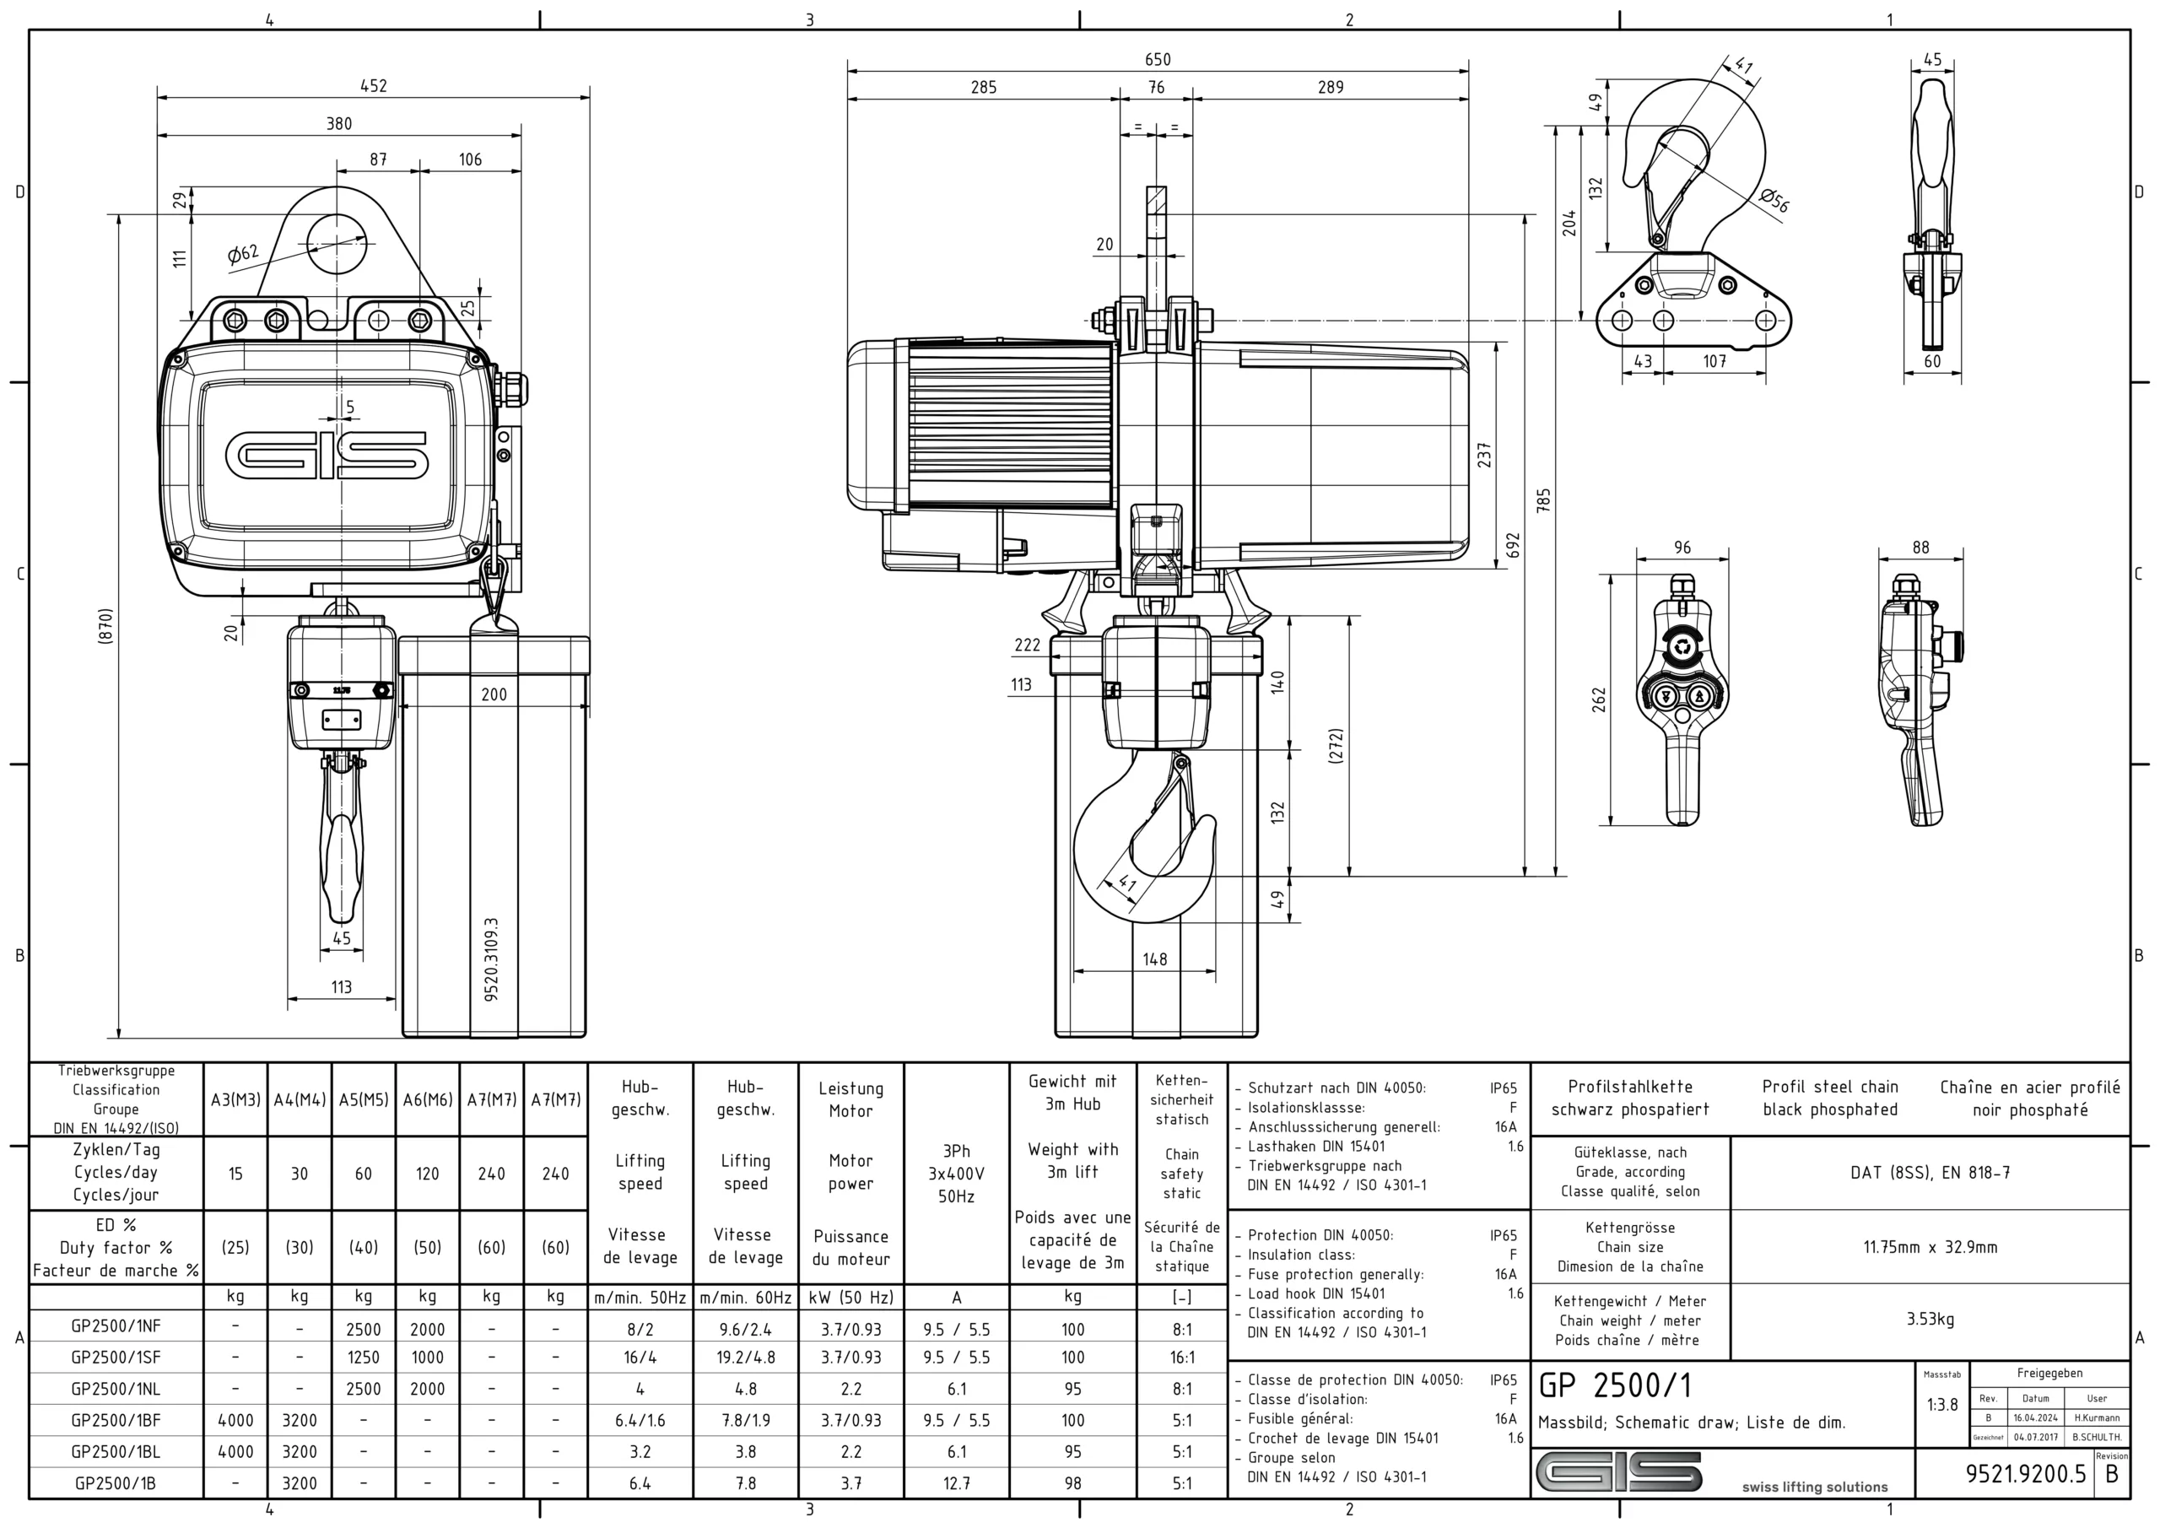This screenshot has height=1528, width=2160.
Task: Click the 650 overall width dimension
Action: [x=1157, y=59]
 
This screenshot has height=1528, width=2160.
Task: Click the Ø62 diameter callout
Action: [x=243, y=254]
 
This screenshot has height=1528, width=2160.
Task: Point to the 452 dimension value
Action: [x=374, y=85]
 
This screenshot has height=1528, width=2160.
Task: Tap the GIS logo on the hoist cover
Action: [x=327, y=456]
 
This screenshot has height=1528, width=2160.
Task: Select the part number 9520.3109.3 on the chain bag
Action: [x=492, y=959]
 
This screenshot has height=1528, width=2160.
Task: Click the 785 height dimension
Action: [x=1544, y=499]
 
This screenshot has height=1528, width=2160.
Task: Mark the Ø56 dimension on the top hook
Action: [x=1774, y=201]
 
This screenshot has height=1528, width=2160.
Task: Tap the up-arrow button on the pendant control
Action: [x=1700, y=697]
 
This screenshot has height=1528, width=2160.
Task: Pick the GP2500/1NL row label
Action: [x=116, y=1389]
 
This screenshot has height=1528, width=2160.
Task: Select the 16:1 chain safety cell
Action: [x=1181, y=1358]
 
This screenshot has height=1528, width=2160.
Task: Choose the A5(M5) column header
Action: [x=363, y=1099]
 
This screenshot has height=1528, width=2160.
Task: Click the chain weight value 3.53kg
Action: [x=1930, y=1319]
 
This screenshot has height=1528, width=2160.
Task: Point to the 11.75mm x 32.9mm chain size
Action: [x=1930, y=1247]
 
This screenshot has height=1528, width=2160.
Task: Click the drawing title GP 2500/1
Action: [x=1615, y=1386]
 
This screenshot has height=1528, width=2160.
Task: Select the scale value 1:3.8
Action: [x=1941, y=1405]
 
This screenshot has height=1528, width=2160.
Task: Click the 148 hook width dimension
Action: [x=1154, y=958]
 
